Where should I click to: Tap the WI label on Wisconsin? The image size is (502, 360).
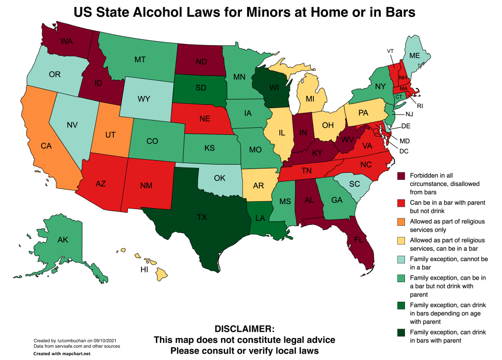coord(273,88)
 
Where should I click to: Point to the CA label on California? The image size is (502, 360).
coord(46,145)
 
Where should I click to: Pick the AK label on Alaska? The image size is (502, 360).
coord(63,240)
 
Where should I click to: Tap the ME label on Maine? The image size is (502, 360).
coord(414,56)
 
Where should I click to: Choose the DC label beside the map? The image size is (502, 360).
coord(404,151)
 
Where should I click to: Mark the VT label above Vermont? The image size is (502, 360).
coord(390,51)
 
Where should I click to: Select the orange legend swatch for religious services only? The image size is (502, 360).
coord(401,222)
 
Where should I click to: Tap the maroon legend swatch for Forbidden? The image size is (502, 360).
coord(401,176)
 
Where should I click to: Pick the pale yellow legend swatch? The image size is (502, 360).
coord(401,240)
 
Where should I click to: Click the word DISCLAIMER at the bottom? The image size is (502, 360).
coord(245,329)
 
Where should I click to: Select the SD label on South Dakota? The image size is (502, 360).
coord(201,88)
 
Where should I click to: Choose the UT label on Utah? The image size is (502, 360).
coord(111,134)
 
